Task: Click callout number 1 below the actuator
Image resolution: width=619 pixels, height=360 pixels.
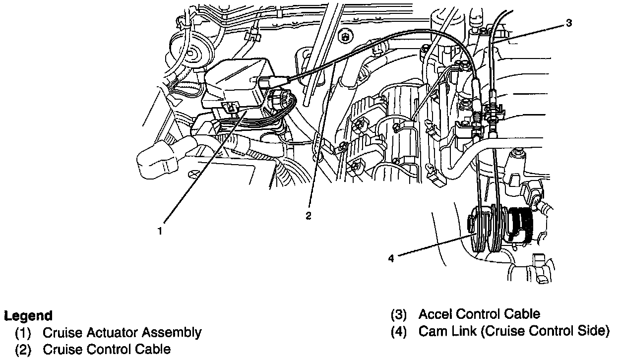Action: click(160, 230)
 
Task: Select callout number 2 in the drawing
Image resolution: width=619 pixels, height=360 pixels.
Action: click(309, 216)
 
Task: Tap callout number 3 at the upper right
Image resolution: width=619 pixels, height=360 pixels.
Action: click(568, 23)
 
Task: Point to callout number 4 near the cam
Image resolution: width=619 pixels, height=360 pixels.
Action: click(391, 258)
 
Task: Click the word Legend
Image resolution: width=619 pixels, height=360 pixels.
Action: click(28, 316)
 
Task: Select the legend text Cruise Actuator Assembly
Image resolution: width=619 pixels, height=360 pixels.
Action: click(122, 332)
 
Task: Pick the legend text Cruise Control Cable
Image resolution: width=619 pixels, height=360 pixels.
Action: click(107, 349)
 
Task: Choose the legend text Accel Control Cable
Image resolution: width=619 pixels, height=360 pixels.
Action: click(479, 314)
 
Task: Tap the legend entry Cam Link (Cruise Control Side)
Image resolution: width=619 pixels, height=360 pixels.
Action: click(514, 331)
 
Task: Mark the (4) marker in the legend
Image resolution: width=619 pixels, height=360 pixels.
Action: click(399, 331)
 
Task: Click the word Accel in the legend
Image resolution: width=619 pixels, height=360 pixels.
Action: click(435, 314)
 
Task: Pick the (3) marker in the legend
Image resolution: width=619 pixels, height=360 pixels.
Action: click(399, 314)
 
